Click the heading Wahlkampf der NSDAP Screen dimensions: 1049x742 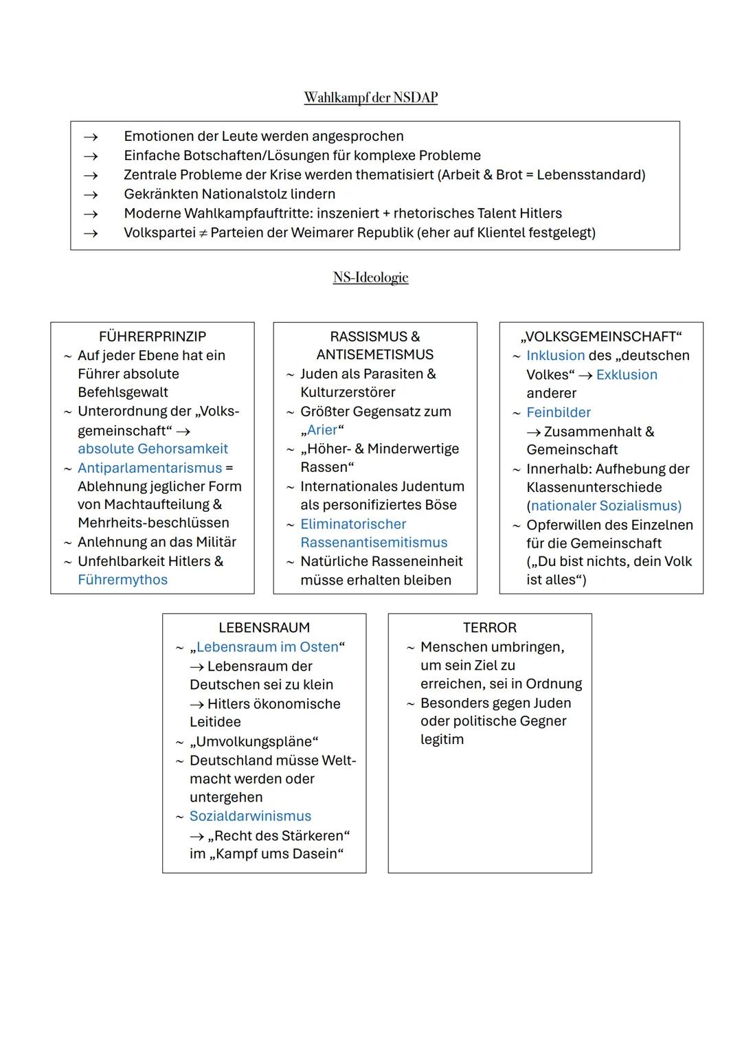point(370,98)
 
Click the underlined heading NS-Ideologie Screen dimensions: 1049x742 point(370,278)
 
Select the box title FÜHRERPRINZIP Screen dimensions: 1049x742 point(152,337)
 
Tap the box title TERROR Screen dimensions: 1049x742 point(489,628)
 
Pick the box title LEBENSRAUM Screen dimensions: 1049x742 point(264,628)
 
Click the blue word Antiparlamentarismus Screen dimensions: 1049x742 point(150,468)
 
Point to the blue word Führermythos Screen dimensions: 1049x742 point(122,580)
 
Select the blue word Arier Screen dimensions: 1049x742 point(322,430)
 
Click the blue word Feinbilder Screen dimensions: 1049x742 point(558,412)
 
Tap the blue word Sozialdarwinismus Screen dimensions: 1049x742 point(250,816)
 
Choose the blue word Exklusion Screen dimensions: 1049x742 point(627,374)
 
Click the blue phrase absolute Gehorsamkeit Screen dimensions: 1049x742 point(153,449)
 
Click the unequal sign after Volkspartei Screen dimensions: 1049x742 point(203,233)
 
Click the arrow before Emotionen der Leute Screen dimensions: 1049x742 point(91,137)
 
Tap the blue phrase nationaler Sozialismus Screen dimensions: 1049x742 point(604,506)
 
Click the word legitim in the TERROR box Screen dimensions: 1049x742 point(442,740)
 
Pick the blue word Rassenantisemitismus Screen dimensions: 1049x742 point(374,543)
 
